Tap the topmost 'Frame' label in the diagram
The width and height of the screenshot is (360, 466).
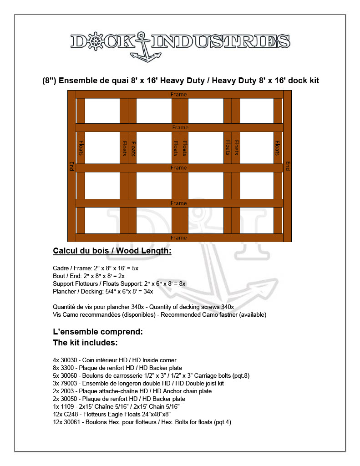coord(178,95)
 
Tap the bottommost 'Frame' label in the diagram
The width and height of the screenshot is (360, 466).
coord(178,238)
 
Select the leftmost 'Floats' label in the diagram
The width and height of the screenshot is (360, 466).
coord(81,148)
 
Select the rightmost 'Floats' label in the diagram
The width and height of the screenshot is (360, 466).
coord(277,148)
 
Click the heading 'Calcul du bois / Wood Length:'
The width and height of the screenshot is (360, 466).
coord(112,251)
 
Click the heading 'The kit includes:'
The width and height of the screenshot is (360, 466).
coord(86,342)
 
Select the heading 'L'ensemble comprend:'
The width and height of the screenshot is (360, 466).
coord(98,332)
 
